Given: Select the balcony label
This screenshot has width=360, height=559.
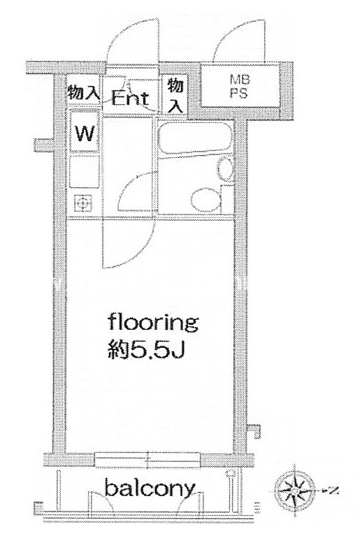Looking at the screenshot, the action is pyautogui.click(x=150, y=489).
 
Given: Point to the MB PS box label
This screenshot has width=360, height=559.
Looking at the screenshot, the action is pyautogui.click(x=239, y=86).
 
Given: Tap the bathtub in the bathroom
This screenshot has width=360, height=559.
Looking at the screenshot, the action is pyautogui.click(x=195, y=138).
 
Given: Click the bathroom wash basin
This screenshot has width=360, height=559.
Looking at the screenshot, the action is pyautogui.click(x=226, y=169).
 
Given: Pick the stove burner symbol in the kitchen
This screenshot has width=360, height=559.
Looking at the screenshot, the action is pyautogui.click(x=82, y=204).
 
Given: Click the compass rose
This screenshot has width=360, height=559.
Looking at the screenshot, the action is pyautogui.click(x=294, y=491).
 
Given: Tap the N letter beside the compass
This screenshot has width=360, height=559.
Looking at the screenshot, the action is pyautogui.click(x=333, y=491).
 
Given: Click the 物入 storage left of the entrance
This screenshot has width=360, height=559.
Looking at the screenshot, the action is pyautogui.click(x=83, y=92).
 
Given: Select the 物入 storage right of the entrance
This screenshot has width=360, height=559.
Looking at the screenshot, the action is pyautogui.click(x=175, y=95).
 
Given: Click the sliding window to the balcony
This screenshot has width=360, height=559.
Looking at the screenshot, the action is pyautogui.click(x=148, y=460).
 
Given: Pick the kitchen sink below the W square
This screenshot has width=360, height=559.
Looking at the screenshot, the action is pyautogui.click(x=84, y=172).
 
